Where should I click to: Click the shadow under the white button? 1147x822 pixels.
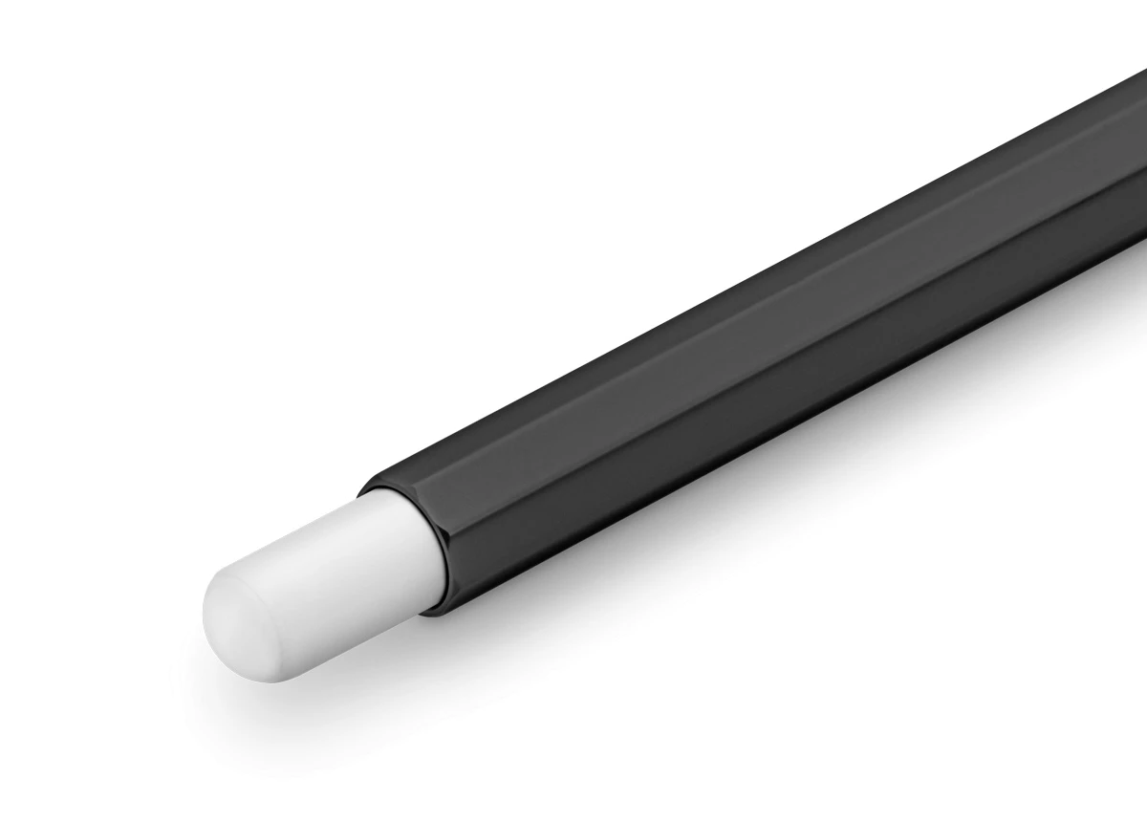pos(382,660)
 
